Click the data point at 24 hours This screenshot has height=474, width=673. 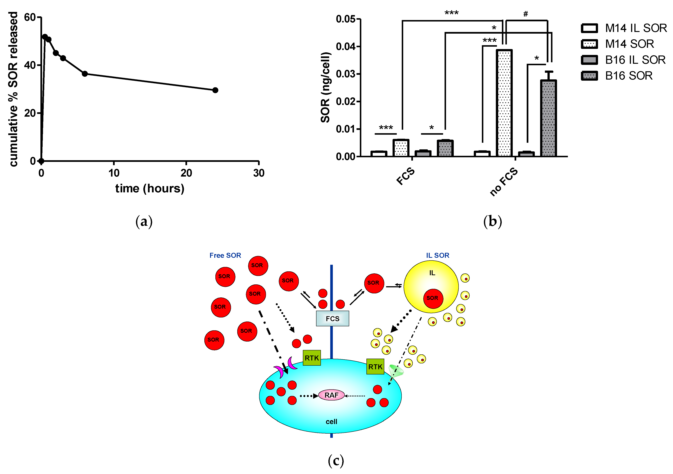click(x=215, y=90)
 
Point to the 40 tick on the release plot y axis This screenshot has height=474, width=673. click(x=30, y=65)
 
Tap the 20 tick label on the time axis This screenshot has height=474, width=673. click(x=186, y=173)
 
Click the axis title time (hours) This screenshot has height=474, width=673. click(x=150, y=188)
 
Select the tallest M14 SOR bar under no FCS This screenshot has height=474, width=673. click(x=504, y=103)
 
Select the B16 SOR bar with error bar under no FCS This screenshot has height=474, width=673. click(x=548, y=117)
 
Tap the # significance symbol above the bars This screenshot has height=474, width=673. click(x=526, y=14)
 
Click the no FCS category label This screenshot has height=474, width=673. click(x=504, y=182)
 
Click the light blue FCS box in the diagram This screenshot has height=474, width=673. click(x=332, y=318)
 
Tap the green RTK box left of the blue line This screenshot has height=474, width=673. click(x=312, y=358)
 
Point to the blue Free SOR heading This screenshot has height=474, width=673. click(x=225, y=255)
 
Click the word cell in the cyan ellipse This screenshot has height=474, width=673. click(x=331, y=422)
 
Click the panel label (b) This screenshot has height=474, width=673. click(x=493, y=221)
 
